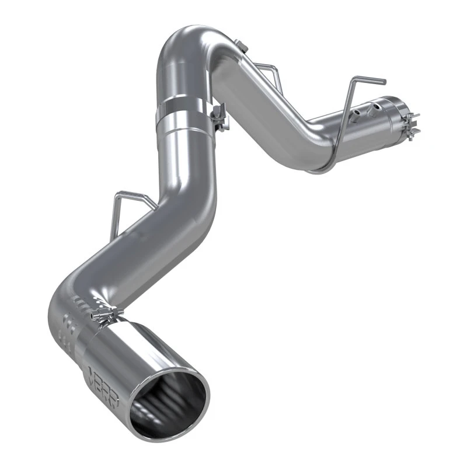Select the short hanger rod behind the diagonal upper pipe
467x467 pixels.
pyautogui.click(x=263, y=68)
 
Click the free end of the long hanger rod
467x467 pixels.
pyautogui.click(x=368, y=80)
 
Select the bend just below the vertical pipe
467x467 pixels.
pyautogui.click(x=193, y=193)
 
